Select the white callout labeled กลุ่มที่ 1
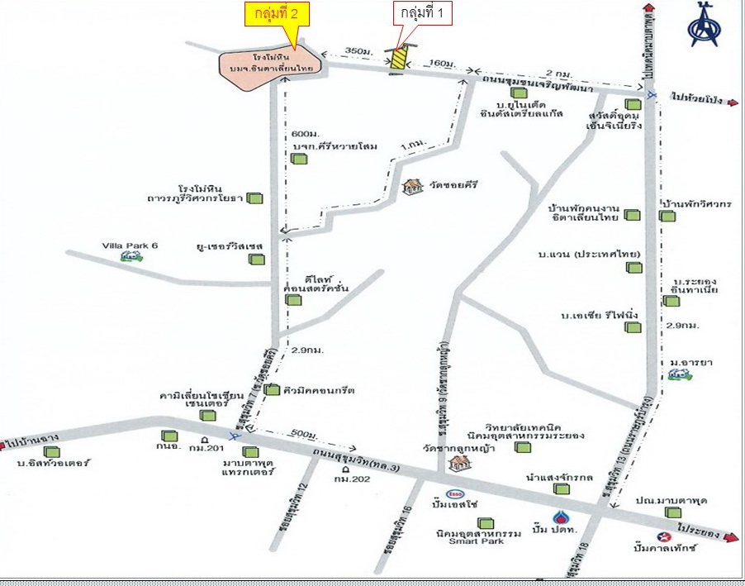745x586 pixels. pos(423,14)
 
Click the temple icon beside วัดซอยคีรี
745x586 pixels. pos(411,188)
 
